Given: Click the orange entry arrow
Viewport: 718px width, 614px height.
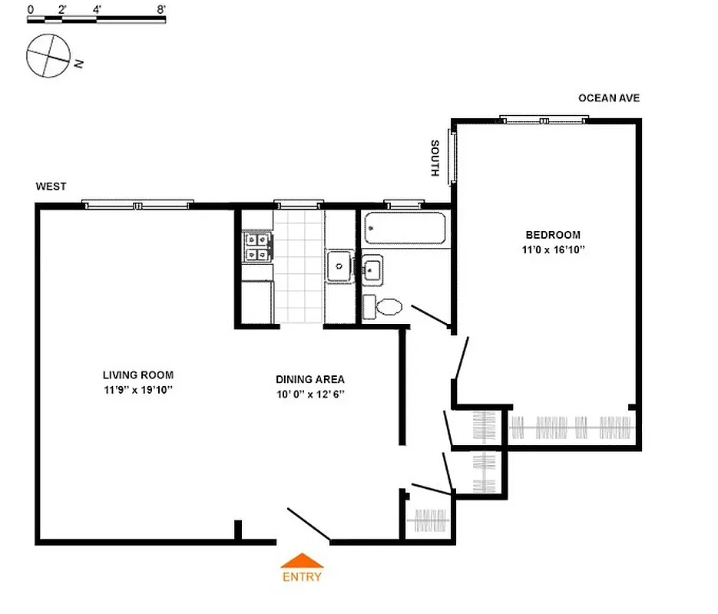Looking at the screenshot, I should pos(302,561).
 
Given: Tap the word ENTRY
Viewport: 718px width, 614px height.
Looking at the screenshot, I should pos(302,577).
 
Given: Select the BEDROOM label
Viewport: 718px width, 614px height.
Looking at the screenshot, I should pos(552,235).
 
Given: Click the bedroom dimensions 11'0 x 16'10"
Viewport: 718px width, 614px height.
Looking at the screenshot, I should pos(552,250).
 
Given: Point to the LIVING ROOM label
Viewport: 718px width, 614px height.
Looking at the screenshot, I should pos(138,375).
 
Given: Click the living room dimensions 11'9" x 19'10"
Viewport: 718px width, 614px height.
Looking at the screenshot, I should pos(138,390).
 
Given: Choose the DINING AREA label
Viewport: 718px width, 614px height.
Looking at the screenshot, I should pos(310,379).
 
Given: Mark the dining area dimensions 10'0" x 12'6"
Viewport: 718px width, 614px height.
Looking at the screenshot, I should pos(310,394).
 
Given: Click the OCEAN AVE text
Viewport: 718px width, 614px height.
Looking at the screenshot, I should pos(608,98).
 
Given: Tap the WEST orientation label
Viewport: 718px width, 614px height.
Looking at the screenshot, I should pos(51,187).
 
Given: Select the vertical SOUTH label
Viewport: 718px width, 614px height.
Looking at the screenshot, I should pos(435,159).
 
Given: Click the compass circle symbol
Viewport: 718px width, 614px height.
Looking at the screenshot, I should pos(47,58).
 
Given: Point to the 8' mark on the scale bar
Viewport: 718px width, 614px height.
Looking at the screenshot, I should pos(160,10).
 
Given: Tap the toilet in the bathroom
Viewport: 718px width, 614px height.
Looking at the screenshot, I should pos(383,306).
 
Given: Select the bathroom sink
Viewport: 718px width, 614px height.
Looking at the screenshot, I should pos(372,269).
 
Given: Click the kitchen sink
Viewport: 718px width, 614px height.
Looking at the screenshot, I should pos(338,266).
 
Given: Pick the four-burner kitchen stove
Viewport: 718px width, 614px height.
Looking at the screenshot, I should pos(257,247).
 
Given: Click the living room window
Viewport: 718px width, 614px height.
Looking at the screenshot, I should pos(138,205).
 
